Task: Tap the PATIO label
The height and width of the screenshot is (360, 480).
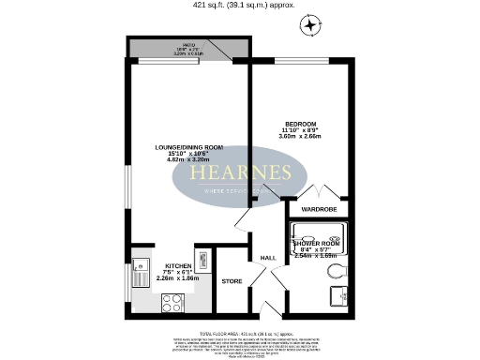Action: [188, 45]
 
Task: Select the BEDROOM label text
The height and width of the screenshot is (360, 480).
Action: [301, 124]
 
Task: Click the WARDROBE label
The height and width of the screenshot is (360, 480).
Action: [316, 211]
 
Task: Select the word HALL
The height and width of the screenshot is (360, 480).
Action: [267, 258]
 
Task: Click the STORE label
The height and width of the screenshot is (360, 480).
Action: [232, 279]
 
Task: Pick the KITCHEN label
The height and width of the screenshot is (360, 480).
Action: [178, 265]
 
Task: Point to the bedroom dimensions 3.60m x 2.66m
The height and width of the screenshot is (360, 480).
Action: [301, 137]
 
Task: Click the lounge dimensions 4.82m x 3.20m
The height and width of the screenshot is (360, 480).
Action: [188, 160]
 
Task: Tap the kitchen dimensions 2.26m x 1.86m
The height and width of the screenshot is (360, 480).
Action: [178, 277]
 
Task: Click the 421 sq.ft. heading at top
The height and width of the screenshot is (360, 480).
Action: [239, 5]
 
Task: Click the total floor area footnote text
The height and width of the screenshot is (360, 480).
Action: [239, 332]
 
